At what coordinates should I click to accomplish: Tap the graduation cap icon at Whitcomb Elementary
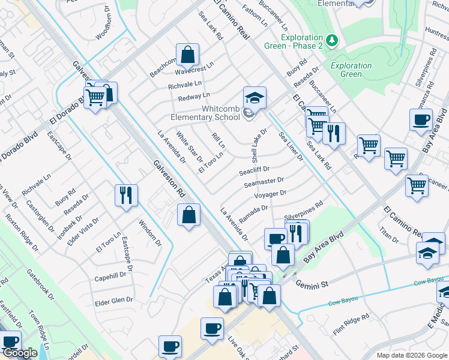tap(255, 98)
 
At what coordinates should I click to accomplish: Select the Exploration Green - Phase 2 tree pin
tap(332, 40)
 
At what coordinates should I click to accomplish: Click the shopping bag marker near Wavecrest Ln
tap(187, 55)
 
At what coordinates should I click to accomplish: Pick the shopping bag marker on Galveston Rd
tap(188, 215)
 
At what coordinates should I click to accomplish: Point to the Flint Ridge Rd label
tap(351, 325)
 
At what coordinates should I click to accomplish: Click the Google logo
tap(20, 353)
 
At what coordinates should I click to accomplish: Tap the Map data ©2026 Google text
tap(411, 355)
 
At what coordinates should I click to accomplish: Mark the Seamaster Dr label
tap(264, 181)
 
